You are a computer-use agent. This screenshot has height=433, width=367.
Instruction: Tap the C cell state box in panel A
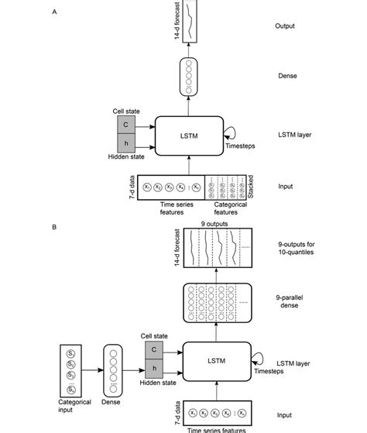click(x=126, y=124)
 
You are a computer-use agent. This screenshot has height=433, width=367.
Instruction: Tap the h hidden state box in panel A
click(x=126, y=143)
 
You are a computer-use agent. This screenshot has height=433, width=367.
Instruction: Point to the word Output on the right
click(x=286, y=26)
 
